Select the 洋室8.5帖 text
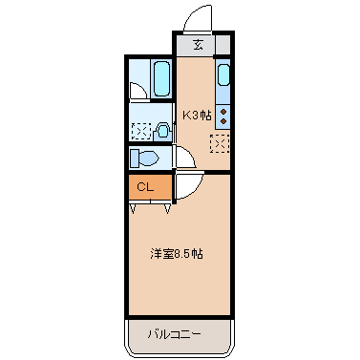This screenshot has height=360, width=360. click(x=176, y=254)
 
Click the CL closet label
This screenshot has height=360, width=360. click(x=145, y=186)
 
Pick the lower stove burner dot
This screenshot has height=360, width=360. click(x=223, y=121)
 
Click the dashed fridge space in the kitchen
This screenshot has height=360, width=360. click(x=221, y=144)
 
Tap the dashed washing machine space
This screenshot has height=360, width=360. click(x=141, y=131)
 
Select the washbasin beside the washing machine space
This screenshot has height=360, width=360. click(x=163, y=131)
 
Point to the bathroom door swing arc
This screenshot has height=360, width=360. click(x=138, y=93)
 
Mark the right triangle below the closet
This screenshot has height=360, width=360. click(x=168, y=206)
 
